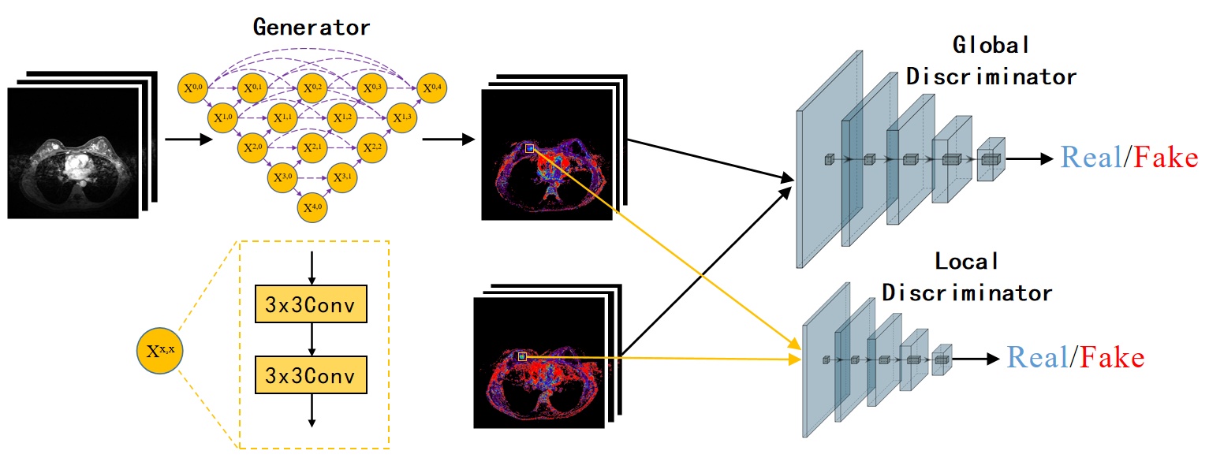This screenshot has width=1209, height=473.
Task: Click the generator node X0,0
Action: coord(192,88)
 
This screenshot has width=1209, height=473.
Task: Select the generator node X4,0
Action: coord(312,207)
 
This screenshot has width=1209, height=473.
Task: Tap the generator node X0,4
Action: coord(432,88)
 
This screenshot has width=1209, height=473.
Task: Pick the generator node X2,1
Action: coord(312,147)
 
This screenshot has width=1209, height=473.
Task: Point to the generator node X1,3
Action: coord(401,117)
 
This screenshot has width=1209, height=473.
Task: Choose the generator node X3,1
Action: coord(341,177)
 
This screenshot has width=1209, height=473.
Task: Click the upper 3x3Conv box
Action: coord(311,304)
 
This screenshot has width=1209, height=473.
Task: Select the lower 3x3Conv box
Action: coord(311,374)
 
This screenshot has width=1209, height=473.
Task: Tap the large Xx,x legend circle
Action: coord(160,351)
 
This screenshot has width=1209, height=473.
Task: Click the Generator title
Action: coord(312,28)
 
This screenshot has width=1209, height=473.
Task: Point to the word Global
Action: coord(991,45)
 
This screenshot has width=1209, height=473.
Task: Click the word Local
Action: coord(966,262)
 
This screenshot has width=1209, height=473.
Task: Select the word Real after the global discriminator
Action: coord(1091,158)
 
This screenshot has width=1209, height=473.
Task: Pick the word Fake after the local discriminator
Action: coord(1112,357)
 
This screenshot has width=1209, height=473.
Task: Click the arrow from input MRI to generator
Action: coord(188,140)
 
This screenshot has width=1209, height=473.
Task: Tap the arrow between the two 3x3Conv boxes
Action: coord(312,339)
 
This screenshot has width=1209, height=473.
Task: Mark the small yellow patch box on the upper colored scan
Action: coord(529,147)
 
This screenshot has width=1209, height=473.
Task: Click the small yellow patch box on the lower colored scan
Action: coord(522,356)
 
